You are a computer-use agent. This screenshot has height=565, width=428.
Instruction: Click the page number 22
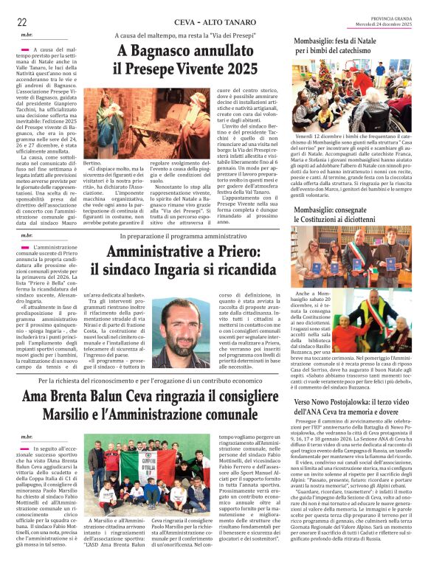click(22, 22)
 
